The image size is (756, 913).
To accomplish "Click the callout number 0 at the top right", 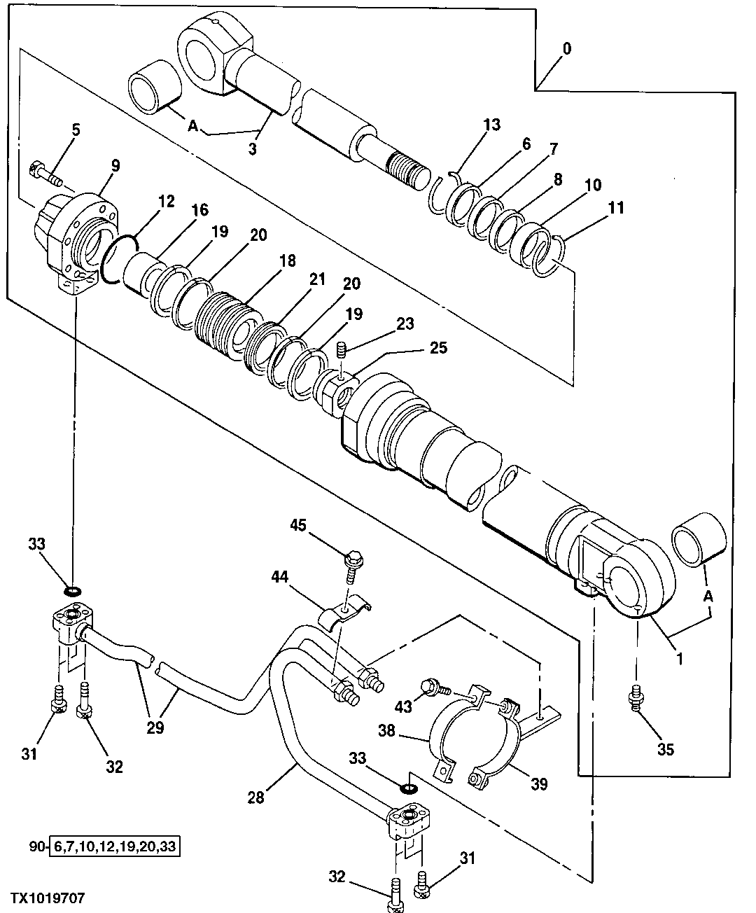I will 566,48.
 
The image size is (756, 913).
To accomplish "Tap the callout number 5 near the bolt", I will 76,130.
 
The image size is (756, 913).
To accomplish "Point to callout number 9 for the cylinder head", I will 115,166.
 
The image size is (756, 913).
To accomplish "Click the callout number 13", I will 492,125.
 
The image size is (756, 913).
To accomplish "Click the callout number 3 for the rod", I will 253,149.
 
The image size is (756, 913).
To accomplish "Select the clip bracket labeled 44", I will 345,610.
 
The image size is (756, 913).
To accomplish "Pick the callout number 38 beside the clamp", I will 387,732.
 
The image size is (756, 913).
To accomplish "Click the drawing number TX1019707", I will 46,898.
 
